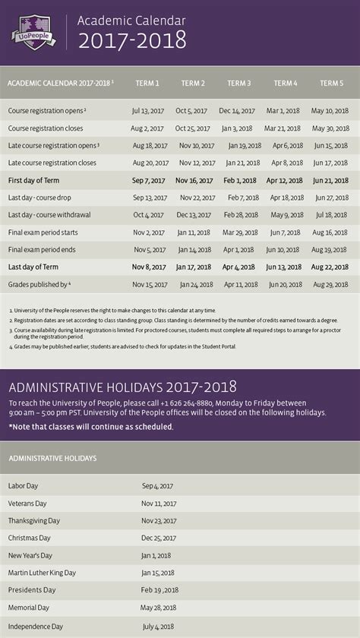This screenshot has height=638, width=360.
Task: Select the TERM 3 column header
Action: click(x=239, y=83)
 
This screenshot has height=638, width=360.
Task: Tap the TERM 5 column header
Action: click(x=331, y=83)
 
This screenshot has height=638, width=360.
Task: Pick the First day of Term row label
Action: click(x=33, y=181)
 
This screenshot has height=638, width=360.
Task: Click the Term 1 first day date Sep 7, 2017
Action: click(x=148, y=181)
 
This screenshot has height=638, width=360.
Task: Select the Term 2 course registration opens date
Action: click(x=191, y=111)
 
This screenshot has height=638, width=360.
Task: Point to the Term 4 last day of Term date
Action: click(x=285, y=267)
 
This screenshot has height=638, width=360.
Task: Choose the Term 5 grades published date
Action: click(x=330, y=284)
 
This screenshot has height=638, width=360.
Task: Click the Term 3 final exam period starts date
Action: click(x=238, y=232)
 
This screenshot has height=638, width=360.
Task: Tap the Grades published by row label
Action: click(x=39, y=284)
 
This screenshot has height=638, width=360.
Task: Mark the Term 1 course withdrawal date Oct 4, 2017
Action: click(x=148, y=215)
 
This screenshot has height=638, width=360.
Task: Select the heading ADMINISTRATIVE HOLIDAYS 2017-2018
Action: click(x=123, y=387)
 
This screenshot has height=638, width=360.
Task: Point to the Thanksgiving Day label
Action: click(x=34, y=521)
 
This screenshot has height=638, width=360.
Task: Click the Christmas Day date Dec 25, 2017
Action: click(x=159, y=539)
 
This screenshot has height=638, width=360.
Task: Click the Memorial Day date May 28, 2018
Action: click(x=159, y=608)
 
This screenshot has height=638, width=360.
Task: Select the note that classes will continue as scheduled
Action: click(x=90, y=426)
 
